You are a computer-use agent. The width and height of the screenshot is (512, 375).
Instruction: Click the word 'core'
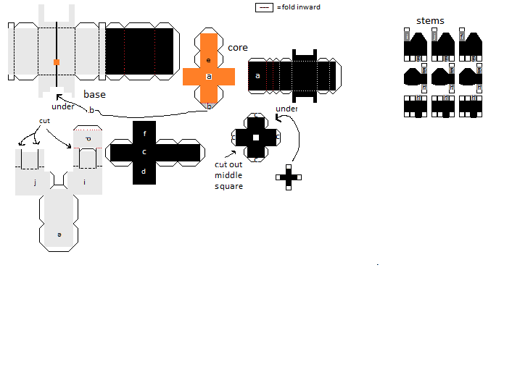(238, 48)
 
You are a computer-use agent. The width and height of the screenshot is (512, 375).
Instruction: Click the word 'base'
(94, 95)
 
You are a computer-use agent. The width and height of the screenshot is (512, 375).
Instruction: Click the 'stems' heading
(430, 21)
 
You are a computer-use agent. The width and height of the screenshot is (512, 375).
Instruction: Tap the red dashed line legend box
(265, 7)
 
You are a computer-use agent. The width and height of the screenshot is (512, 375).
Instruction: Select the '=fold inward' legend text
(298, 7)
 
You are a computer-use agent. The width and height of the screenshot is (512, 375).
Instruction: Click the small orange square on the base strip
(57, 62)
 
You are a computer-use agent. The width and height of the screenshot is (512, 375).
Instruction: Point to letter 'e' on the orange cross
(208, 60)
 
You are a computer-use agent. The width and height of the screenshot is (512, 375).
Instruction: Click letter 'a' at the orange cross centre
(208, 76)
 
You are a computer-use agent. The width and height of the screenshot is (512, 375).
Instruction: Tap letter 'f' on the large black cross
(144, 134)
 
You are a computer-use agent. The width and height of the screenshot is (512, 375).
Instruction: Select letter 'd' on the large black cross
(144, 172)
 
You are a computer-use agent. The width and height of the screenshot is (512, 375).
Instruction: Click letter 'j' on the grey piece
(35, 182)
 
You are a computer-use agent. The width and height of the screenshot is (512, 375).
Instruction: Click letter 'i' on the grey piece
(84, 182)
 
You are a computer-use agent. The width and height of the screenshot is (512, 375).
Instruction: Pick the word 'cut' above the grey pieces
(45, 121)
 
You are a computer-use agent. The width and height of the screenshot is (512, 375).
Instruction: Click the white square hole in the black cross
(255, 137)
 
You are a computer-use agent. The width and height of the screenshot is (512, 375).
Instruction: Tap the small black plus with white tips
(288, 177)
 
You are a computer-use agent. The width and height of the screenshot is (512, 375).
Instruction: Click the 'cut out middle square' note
(229, 175)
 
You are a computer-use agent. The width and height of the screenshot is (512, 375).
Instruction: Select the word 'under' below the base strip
(63, 107)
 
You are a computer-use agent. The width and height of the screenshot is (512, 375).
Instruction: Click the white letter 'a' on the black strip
(257, 75)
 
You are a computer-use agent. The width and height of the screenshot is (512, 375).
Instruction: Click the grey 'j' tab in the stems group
(434, 36)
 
